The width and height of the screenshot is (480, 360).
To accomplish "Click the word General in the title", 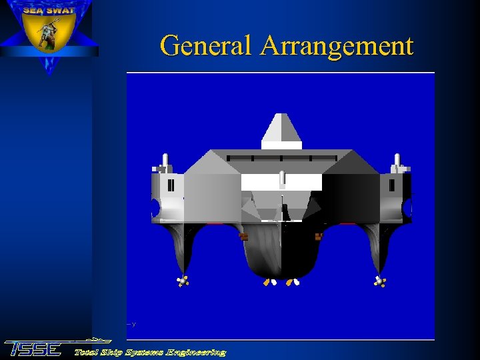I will coord(207,46).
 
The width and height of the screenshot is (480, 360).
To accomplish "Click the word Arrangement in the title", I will coord(337,46).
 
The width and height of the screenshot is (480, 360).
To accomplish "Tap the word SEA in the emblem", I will coord(34,11).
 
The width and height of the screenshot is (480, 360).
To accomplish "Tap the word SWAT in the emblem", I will coord(61,11).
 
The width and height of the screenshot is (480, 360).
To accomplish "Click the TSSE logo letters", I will coord(33,349).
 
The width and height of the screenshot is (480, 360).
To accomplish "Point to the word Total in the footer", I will coord(87,352).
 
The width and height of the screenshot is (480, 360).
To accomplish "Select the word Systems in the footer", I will coord(143,352).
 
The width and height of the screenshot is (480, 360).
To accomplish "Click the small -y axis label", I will coord(131,324).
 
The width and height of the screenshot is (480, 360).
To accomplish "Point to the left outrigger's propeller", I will coord(182,281).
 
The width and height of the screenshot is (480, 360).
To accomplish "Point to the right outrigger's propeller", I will coord(379,281).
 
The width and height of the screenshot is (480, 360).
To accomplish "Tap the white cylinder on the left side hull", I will coord(165,161).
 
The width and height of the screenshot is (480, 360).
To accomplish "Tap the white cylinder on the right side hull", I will coord(397,161).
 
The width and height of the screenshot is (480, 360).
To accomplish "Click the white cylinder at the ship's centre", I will coord(282,179).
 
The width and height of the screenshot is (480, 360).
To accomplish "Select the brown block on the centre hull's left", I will coord(243,236).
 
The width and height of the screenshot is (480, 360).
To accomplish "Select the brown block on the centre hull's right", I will coord(319,236).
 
